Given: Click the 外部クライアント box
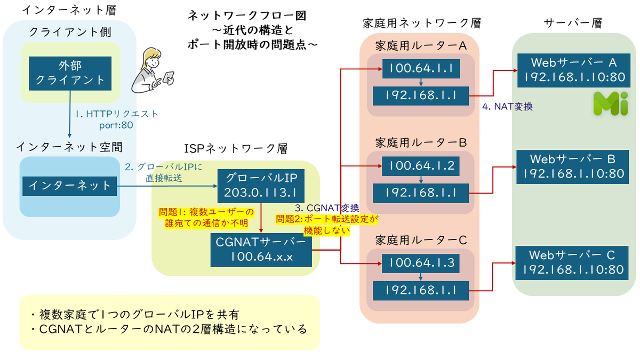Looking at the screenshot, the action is pos(70,74).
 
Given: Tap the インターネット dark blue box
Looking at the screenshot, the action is pos(70,186).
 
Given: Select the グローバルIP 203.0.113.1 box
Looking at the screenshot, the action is pos(261,186).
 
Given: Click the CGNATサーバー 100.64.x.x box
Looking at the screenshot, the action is pos(261,250).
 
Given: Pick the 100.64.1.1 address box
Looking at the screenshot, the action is pos(421,69).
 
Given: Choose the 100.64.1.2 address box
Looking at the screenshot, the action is pos(421,166).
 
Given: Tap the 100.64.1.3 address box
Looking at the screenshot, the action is pos(421,263).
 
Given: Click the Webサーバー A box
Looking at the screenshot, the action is pos(574,70).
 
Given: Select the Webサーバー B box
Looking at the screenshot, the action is pos(573,167).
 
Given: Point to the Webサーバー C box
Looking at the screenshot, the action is pos(572,263).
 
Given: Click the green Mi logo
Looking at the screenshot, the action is pos(611,103).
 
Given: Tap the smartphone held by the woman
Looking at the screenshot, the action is pos(169,78).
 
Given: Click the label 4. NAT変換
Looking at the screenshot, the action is pos(507,107).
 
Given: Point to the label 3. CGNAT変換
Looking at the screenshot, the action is pos(327,207).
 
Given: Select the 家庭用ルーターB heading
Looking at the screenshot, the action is pos(421,142).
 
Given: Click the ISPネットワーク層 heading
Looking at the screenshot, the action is pos(236,149).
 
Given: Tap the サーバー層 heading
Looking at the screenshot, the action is pos(573,23).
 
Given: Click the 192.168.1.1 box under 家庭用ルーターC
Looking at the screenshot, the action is pos(421,291).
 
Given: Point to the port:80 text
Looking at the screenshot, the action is pos(116,125).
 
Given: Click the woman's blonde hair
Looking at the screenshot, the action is pos(150,58).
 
